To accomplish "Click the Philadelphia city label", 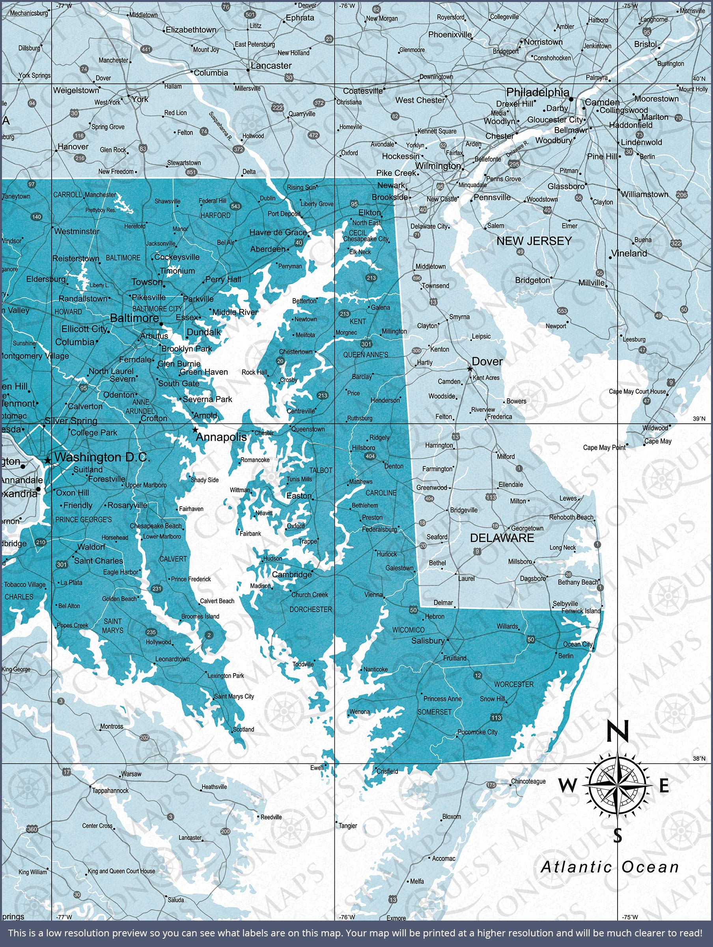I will tap(538, 92).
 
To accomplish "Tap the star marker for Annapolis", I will tap(196, 429).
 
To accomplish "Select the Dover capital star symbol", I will tap(470, 369).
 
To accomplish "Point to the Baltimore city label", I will tap(134, 318).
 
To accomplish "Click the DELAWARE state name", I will tap(502, 538).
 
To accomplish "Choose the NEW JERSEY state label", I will tap(534, 241).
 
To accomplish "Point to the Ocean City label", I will tap(578, 644).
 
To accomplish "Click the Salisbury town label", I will tap(427, 640).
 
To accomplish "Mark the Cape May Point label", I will tap(604, 447).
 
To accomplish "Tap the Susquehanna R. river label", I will tap(220, 127).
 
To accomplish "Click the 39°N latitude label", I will tap(699, 419).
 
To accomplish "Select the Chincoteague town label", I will tap(528, 781).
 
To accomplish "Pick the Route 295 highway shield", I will tap(514, 165).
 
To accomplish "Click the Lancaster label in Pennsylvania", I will tap(271, 66).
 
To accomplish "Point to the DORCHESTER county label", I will tap(311, 609).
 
